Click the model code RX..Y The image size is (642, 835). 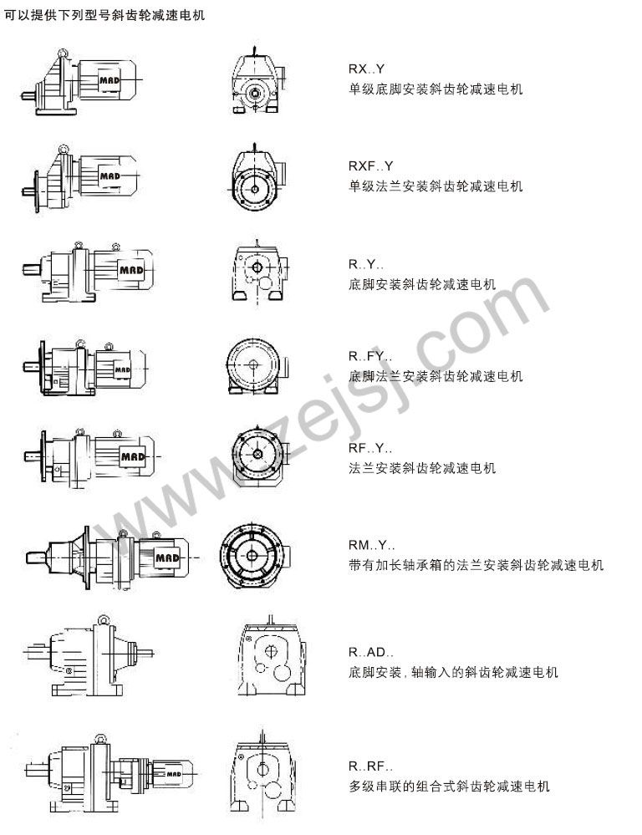point(366,69)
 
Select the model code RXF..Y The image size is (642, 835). point(370,166)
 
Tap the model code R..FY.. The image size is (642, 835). point(370,356)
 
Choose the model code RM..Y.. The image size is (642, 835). point(372,545)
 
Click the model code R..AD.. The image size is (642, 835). point(371,652)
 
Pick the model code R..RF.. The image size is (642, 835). point(371,766)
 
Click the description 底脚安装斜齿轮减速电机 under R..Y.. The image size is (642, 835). point(422,284)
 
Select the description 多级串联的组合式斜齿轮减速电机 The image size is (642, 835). point(449,787)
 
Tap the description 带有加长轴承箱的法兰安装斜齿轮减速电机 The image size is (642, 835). point(476,565)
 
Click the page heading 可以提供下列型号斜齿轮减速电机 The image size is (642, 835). point(104,15)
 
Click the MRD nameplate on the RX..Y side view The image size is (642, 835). point(110,80)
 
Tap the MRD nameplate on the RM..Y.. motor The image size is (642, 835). point(167,558)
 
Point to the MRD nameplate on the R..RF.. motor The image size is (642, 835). point(174,774)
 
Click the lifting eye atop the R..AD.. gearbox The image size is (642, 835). point(103,620)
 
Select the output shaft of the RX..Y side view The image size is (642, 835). point(28,97)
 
